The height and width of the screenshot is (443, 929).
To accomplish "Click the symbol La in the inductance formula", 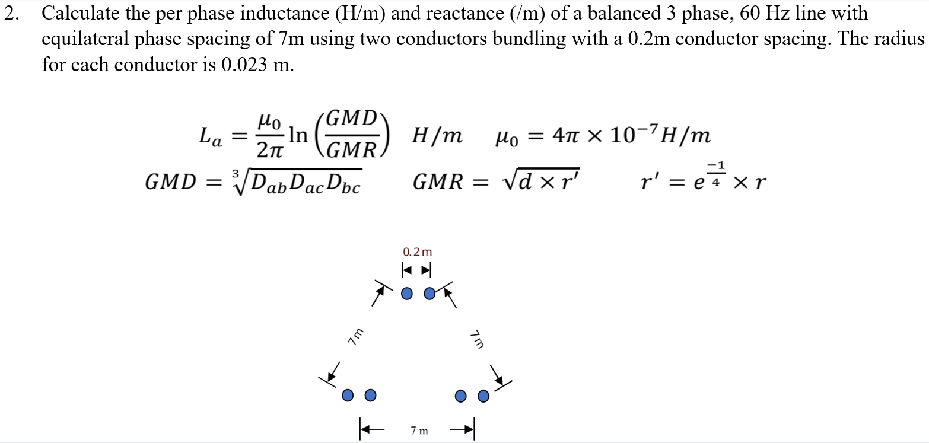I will (x=211, y=138).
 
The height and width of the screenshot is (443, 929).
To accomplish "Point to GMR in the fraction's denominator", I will (x=351, y=151).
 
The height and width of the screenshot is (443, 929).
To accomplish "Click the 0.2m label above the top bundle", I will (x=417, y=251).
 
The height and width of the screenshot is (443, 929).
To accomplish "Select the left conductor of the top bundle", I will (x=407, y=293).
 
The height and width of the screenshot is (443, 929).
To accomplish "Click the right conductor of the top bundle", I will (x=430, y=293).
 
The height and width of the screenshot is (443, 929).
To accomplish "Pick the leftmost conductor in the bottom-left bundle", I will (x=348, y=395).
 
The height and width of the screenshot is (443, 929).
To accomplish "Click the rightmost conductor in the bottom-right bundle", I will (x=483, y=395).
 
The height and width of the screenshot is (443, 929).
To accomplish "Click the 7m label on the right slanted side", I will (x=478, y=340).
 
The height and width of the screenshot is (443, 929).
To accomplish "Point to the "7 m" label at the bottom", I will (x=419, y=431).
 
